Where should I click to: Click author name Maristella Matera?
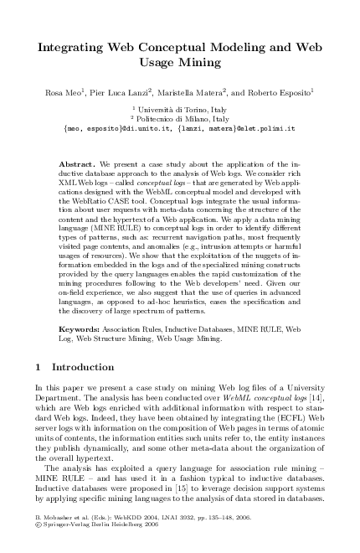190,91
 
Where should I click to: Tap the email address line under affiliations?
180,129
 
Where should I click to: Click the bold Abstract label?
80,157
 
